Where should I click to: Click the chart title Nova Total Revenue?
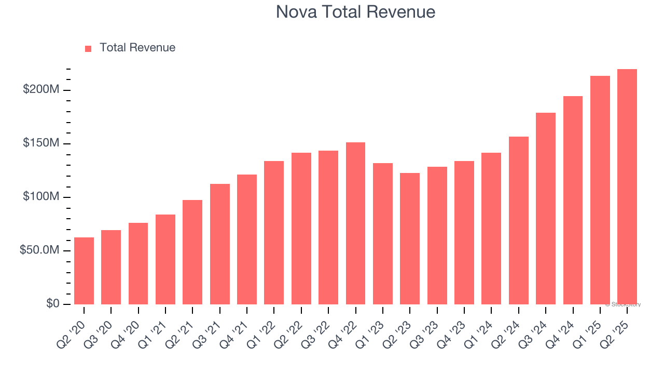(x=355, y=12)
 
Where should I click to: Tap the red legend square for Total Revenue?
(x=88, y=48)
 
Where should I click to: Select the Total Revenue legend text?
(x=137, y=48)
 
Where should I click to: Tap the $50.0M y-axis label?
(x=40, y=250)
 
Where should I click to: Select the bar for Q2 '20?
(x=84, y=271)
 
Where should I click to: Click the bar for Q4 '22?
(x=355, y=223)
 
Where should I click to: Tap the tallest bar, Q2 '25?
(x=627, y=187)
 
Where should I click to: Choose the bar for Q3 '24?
(x=546, y=208)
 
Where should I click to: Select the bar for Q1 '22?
(x=274, y=233)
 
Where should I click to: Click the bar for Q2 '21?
(x=192, y=252)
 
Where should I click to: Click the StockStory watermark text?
(x=622, y=304)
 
